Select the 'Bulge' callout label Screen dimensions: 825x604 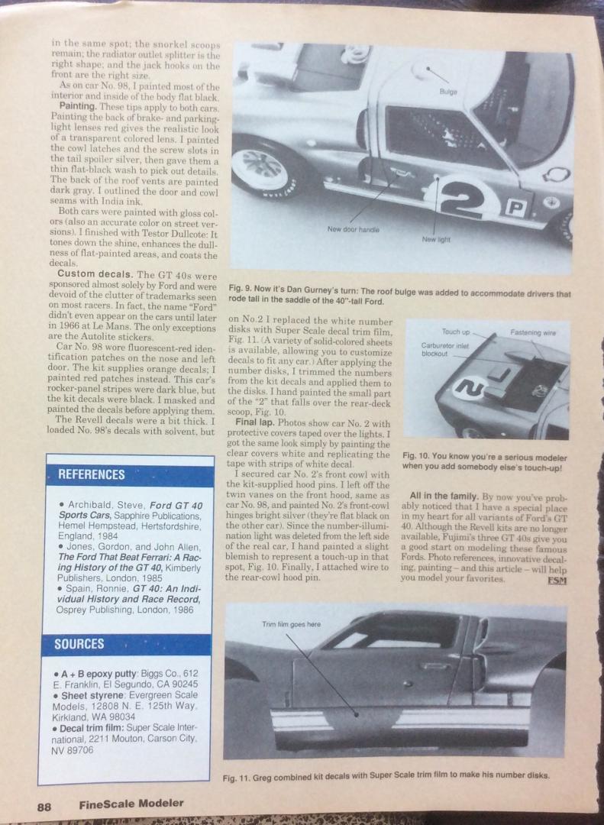(447, 92)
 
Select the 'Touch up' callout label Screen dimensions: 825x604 (456, 332)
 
